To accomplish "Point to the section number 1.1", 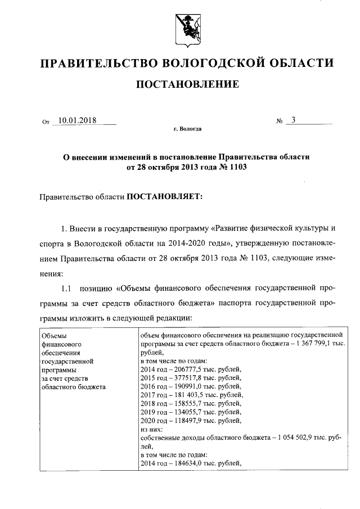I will tap(66, 290).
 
